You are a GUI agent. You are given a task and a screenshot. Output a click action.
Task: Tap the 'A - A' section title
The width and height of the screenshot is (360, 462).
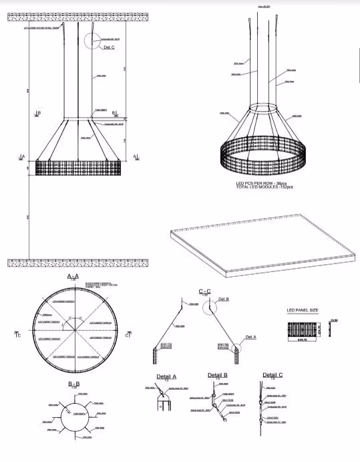coord(73,275)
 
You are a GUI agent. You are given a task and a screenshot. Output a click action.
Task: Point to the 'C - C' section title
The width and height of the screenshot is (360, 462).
coord(205,291)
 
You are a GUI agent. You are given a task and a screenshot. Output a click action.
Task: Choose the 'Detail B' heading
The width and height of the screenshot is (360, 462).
coord(218,375)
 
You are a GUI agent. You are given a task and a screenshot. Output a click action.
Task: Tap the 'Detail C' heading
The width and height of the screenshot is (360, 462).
coord(272,375)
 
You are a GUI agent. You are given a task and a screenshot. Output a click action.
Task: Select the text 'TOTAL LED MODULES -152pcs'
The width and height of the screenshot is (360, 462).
coord(263,187)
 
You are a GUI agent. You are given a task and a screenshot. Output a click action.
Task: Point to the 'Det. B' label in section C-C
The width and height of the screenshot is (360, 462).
coord(223,299)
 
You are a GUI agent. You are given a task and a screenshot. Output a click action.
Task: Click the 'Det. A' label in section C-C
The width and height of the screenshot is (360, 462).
coord(250,337)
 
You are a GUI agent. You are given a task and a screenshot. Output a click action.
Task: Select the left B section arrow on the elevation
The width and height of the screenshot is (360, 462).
coord(38,114)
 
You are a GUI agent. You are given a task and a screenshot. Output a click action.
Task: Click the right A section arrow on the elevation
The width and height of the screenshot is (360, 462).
coord(136,156)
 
